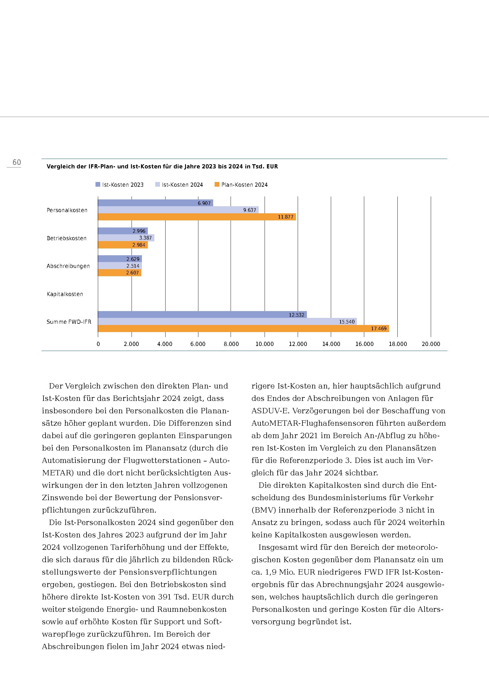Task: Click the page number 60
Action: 17,162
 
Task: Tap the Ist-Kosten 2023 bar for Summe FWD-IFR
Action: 202,315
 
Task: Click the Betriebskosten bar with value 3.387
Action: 126,238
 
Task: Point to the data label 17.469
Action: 378,329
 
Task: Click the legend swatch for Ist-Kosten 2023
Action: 98,184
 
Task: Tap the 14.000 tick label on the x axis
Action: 331,344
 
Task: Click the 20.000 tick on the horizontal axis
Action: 430,344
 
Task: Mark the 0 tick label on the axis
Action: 98,344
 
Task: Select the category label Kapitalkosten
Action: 65,294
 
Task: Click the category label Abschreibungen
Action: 68,266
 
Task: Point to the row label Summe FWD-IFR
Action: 69,322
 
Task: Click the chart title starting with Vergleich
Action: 162,166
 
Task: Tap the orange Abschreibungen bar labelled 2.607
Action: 119,273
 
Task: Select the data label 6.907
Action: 204,204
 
